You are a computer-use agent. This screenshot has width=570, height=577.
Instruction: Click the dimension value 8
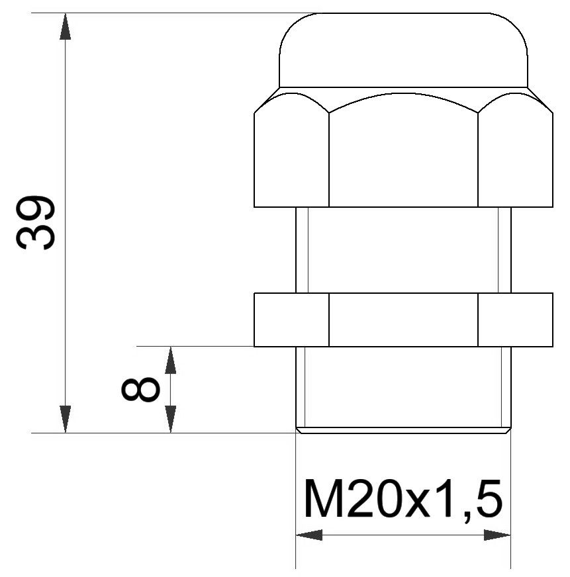140,390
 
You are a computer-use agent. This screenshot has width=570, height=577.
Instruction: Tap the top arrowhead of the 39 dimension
65,26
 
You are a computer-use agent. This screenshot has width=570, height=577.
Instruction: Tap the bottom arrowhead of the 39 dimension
65,420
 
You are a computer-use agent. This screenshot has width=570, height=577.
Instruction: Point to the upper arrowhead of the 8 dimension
170,359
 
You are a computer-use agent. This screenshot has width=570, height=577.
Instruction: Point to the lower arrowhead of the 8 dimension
170,420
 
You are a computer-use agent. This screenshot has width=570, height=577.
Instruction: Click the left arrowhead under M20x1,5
309,535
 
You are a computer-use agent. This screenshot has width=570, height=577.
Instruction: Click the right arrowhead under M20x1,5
497,535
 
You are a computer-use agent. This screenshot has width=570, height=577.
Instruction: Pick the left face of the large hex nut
292,159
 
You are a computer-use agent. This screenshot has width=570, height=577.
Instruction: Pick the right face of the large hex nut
515,159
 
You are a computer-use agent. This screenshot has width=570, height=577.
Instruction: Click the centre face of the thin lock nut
403,320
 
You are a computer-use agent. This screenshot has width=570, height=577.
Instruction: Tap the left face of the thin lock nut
292,320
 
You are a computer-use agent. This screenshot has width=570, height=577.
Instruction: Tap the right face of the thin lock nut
515,320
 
